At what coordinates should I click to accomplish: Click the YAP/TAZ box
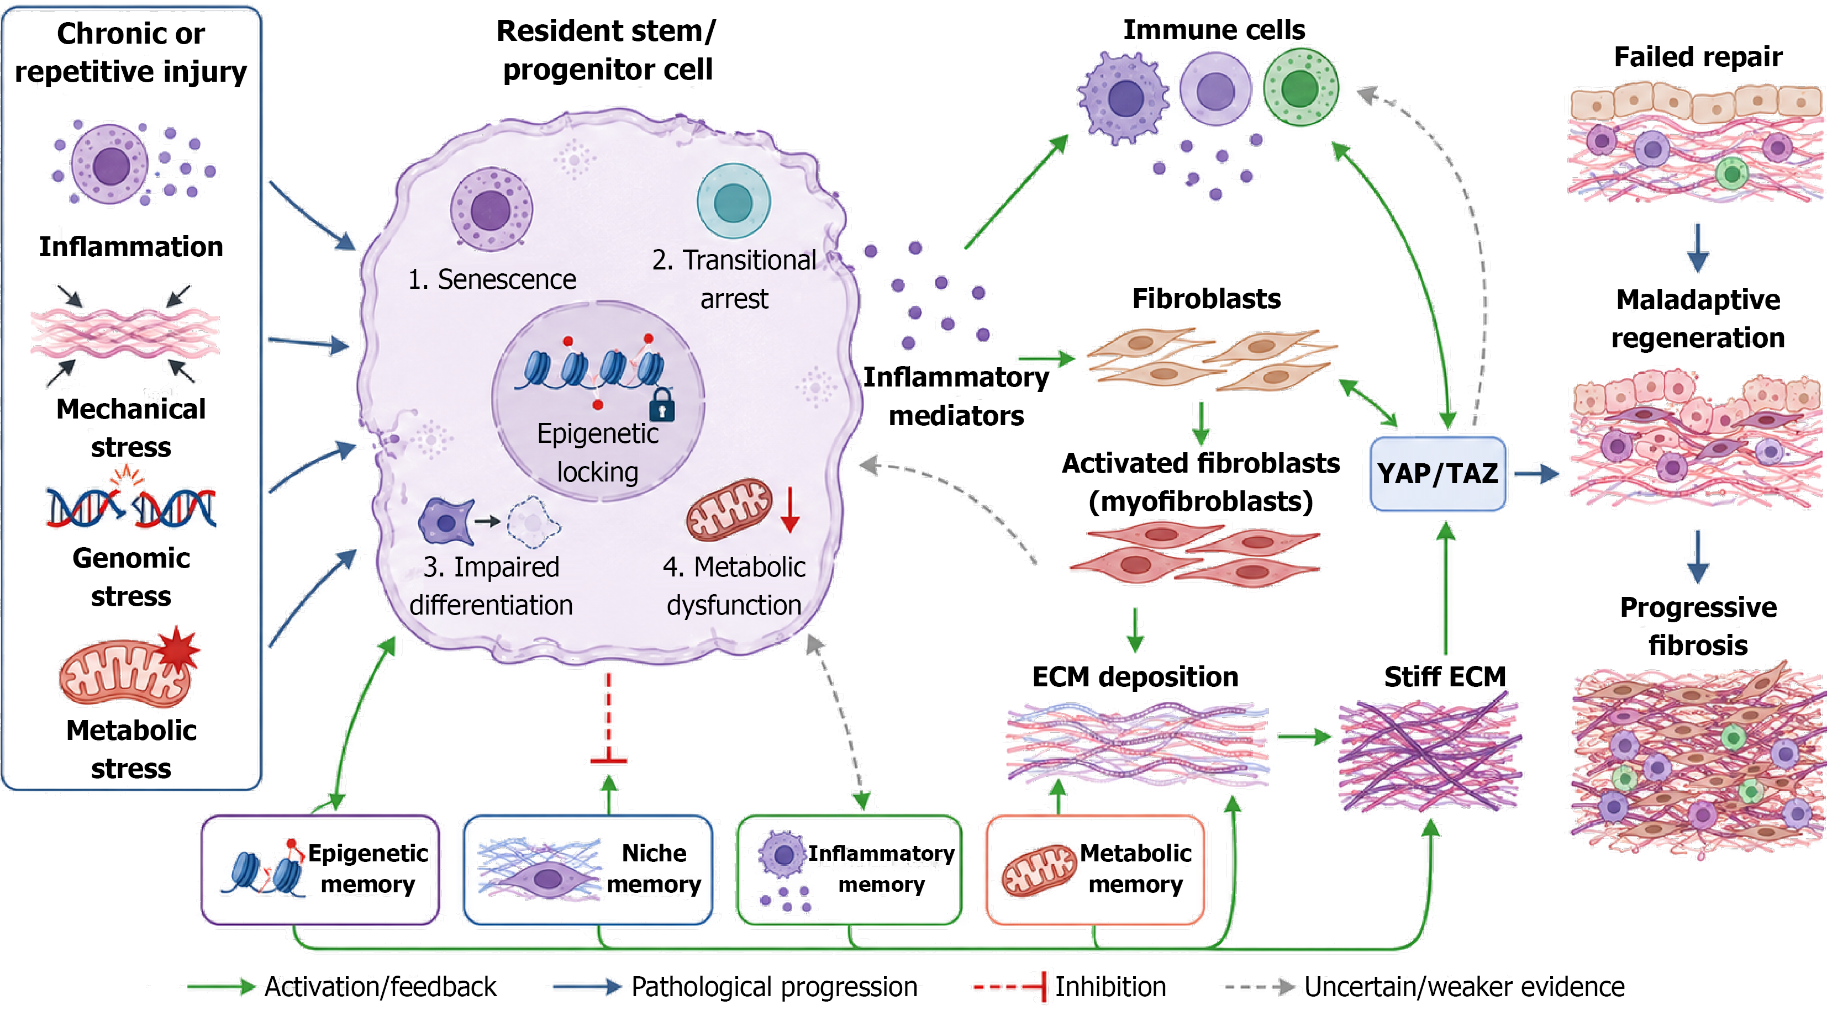tap(1438, 474)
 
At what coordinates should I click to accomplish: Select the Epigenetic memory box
tap(320, 870)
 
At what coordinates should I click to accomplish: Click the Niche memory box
tap(588, 870)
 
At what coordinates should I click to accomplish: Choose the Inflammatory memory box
tap(850, 870)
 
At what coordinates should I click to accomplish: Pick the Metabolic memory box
tap(1095, 870)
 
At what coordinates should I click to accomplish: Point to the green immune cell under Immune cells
tap(1301, 87)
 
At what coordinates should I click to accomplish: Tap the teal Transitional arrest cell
tap(733, 202)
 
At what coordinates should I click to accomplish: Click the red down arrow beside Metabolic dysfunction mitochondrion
tap(790, 509)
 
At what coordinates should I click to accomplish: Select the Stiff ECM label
tap(1445, 676)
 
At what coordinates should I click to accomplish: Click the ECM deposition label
tap(1135, 676)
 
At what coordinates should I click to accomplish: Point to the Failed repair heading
tap(1698, 57)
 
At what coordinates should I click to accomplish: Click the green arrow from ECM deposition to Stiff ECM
tap(1304, 737)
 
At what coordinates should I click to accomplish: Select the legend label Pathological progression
tap(775, 986)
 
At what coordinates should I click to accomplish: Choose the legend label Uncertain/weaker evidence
tap(1464, 986)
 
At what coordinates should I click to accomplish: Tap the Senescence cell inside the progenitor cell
tap(491, 209)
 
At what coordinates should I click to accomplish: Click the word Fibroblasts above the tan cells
tap(1207, 299)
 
